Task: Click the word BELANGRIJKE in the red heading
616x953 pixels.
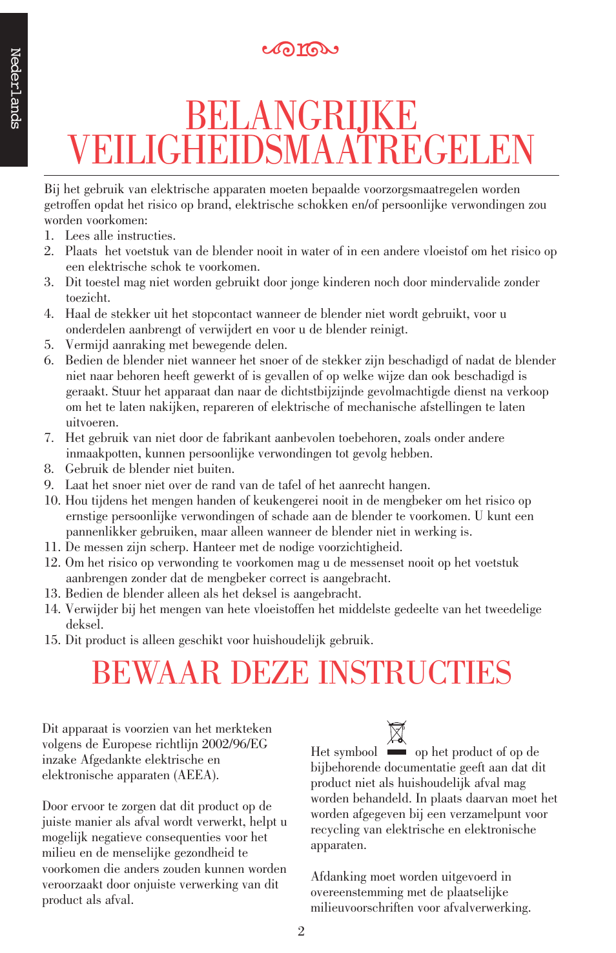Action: coord(301,116)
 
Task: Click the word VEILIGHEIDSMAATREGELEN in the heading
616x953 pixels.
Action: coord(301,150)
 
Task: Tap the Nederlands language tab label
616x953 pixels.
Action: coord(15,89)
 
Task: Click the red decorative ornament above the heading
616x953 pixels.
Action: coord(300,49)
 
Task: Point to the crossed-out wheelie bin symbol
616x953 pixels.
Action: coord(396,733)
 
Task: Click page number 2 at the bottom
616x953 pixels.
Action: coord(301,931)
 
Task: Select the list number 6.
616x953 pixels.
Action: coord(49,361)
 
